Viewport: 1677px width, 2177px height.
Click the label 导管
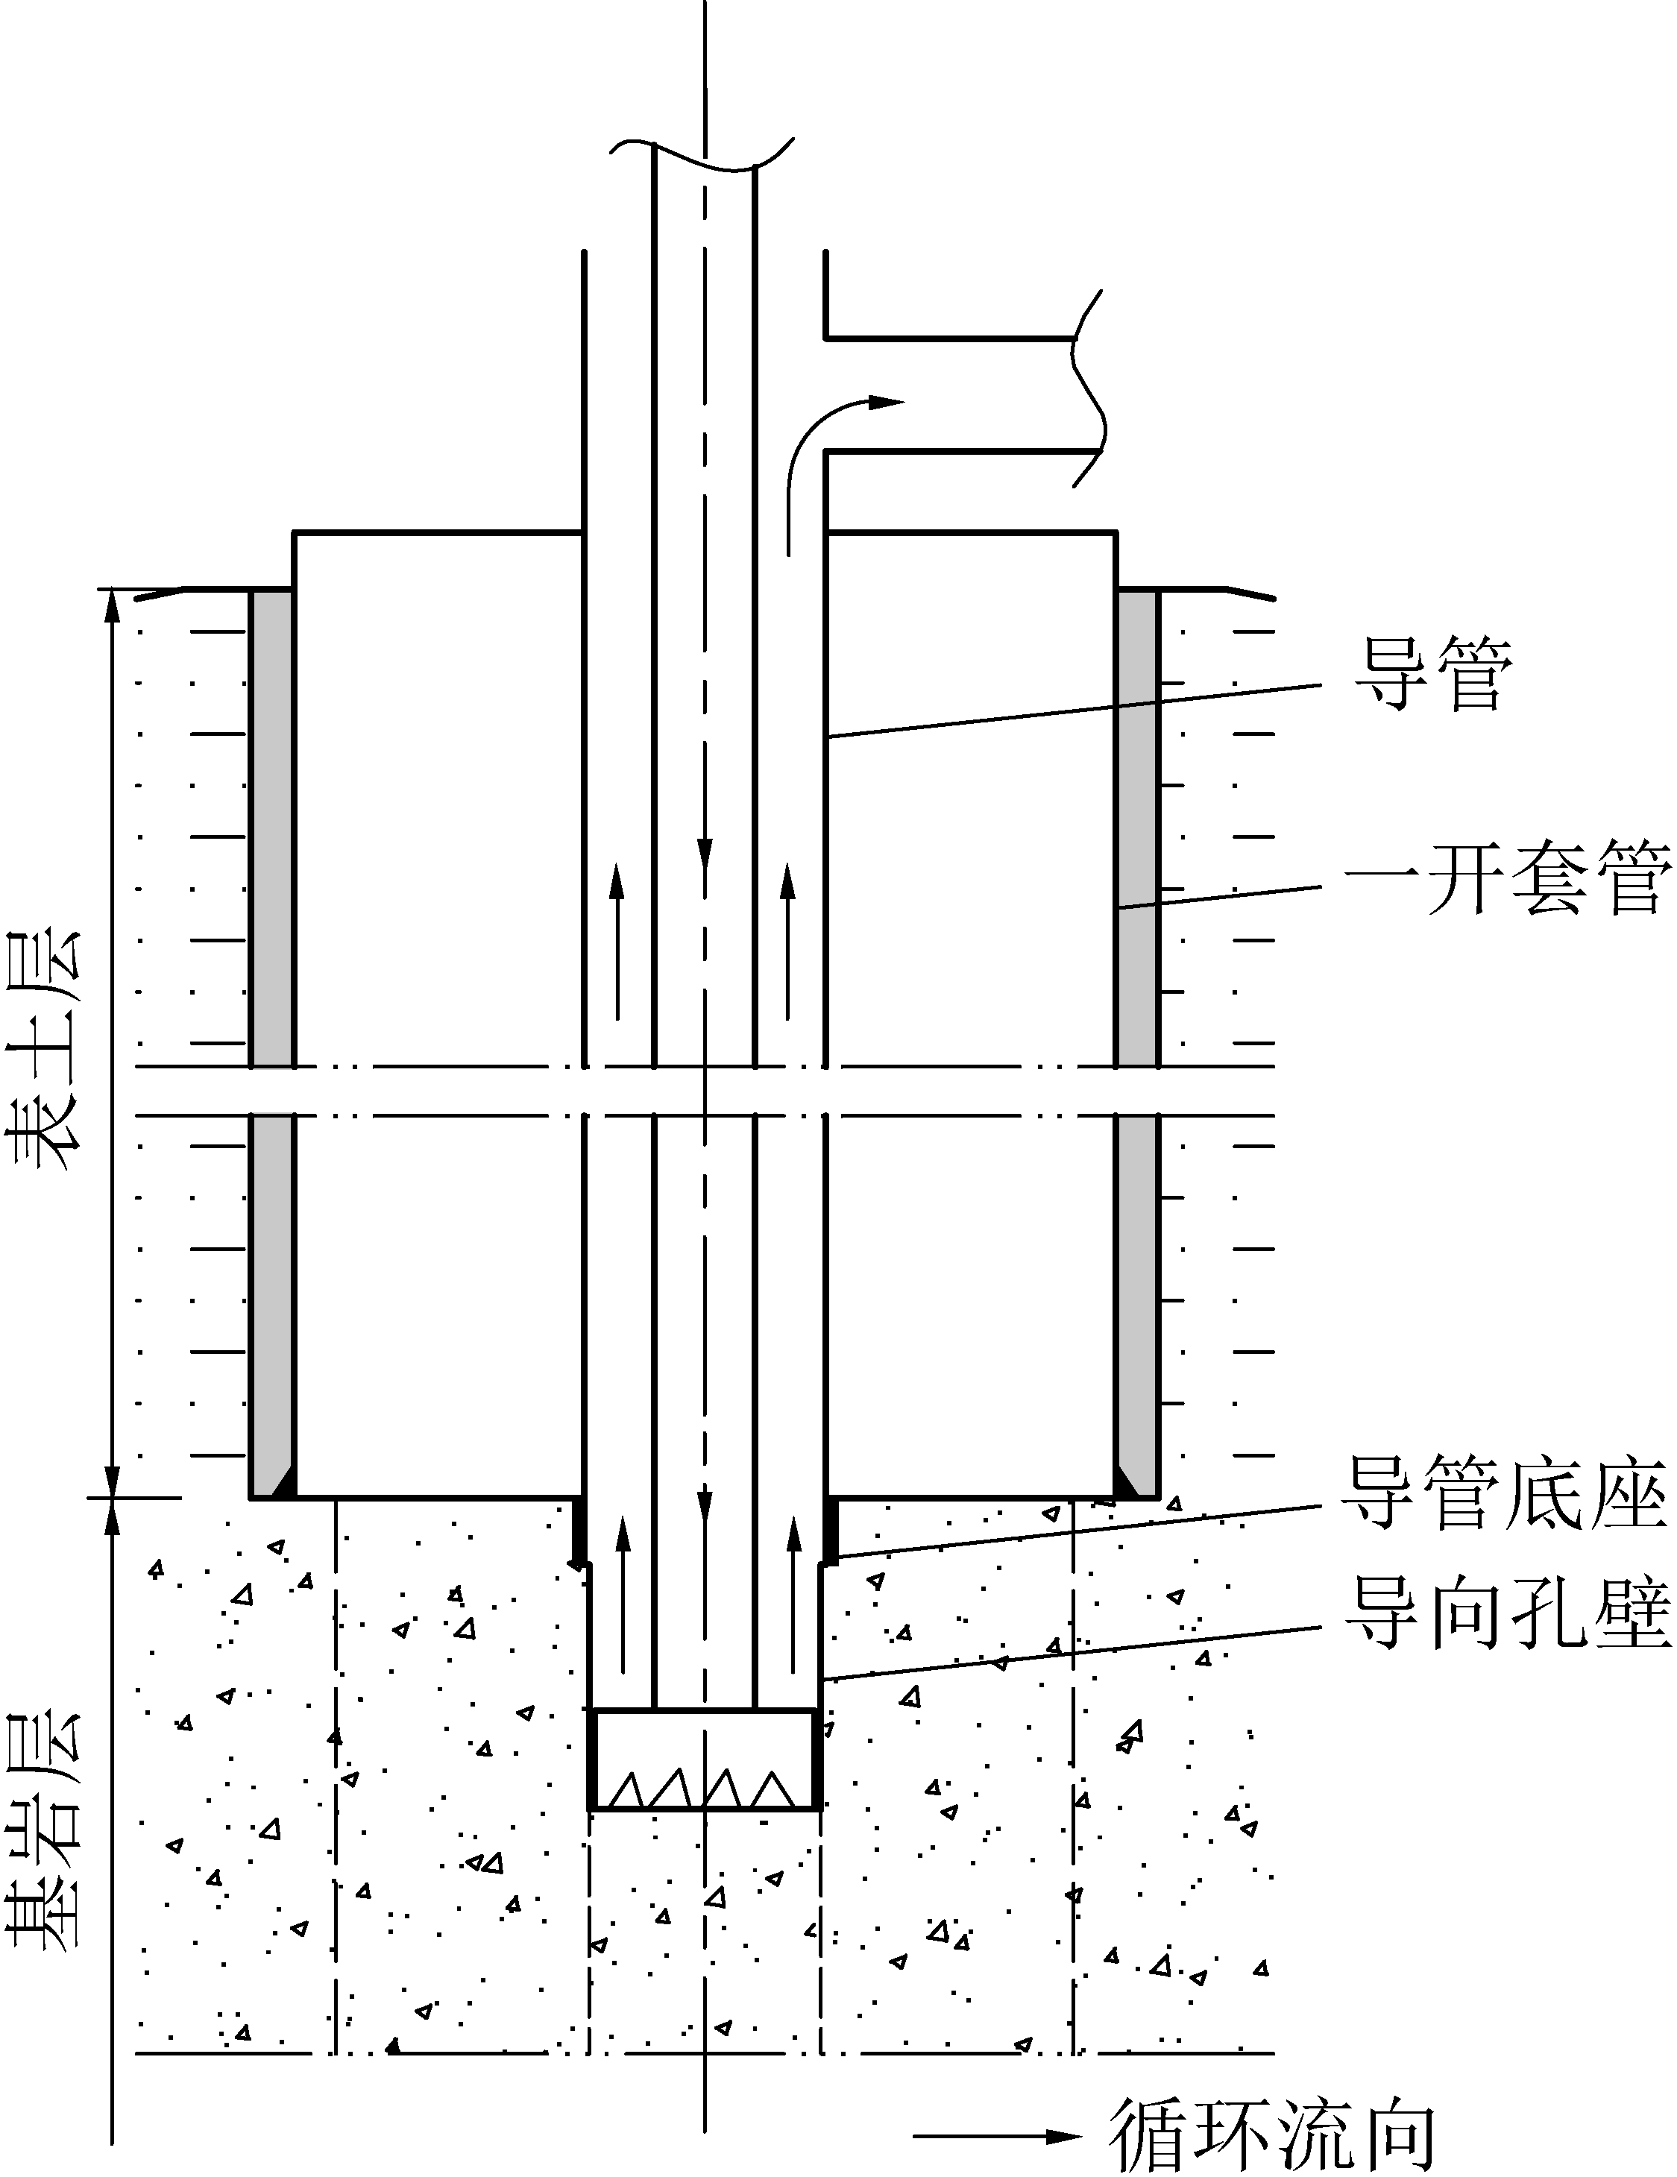[x=1432, y=675]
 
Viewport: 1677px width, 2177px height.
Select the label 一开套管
[x=1508, y=878]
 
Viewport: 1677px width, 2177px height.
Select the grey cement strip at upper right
[x=1136, y=828]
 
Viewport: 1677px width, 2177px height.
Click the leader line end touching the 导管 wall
[x=828, y=737]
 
